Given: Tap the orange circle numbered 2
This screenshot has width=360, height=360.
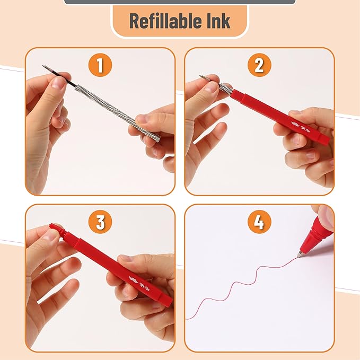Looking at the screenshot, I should click(259, 66).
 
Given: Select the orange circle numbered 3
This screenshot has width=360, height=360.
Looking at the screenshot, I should click(100, 222).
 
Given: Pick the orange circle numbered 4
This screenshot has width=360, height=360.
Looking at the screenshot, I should click(259, 222).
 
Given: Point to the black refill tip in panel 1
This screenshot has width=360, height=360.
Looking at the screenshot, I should click(51, 71).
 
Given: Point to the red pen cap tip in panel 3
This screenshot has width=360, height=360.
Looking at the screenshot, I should click(55, 228).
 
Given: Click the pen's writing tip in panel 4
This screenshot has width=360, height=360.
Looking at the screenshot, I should click(300, 255).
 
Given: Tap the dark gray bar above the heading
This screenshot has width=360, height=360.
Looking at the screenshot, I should click(180, 2).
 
